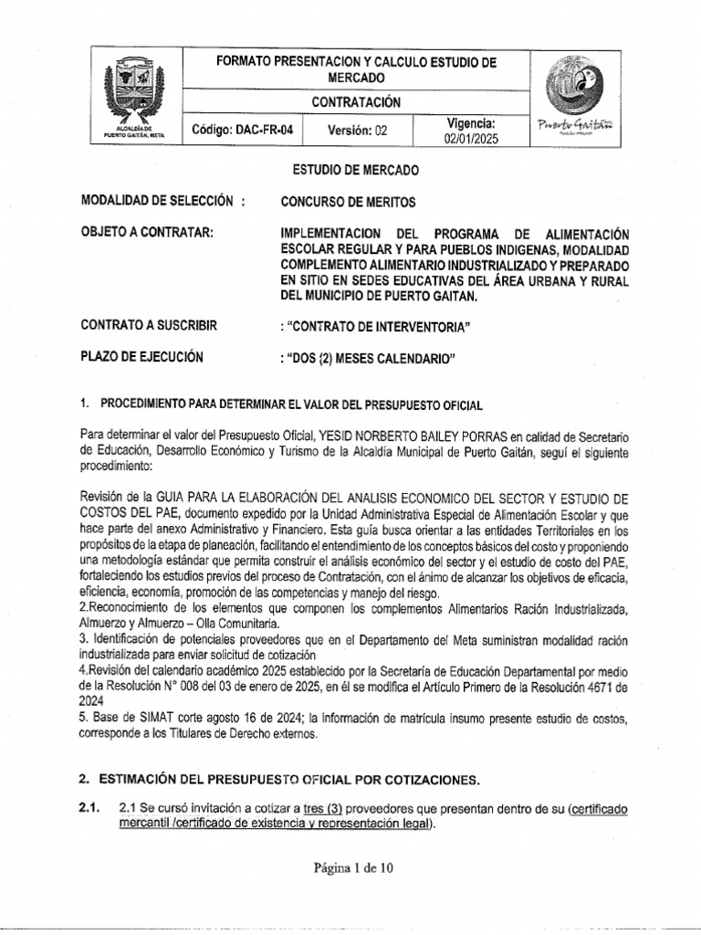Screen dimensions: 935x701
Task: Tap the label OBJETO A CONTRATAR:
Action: pos(148,232)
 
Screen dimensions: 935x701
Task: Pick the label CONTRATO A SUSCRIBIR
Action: pos(156,326)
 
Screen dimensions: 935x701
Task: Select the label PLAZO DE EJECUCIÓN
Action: pos(142,357)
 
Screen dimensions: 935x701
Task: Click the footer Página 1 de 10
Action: pos(350,868)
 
